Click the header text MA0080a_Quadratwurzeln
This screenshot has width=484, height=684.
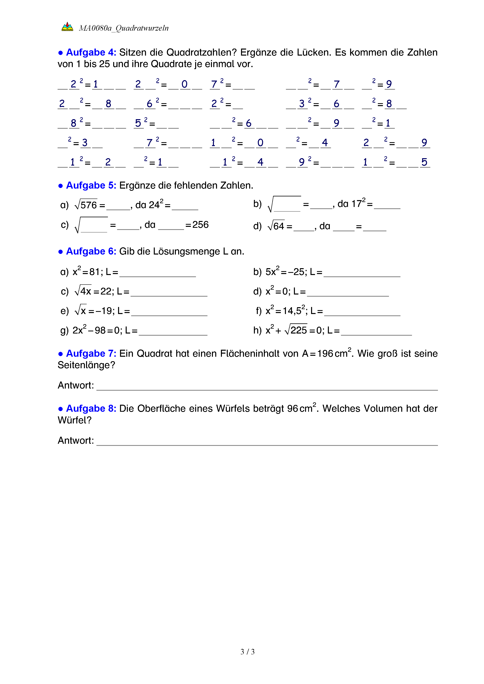[x=124, y=28]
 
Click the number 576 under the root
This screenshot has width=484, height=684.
[x=89, y=205]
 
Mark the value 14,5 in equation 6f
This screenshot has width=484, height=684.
[x=292, y=311]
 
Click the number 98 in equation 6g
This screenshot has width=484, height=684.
[x=100, y=330]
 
